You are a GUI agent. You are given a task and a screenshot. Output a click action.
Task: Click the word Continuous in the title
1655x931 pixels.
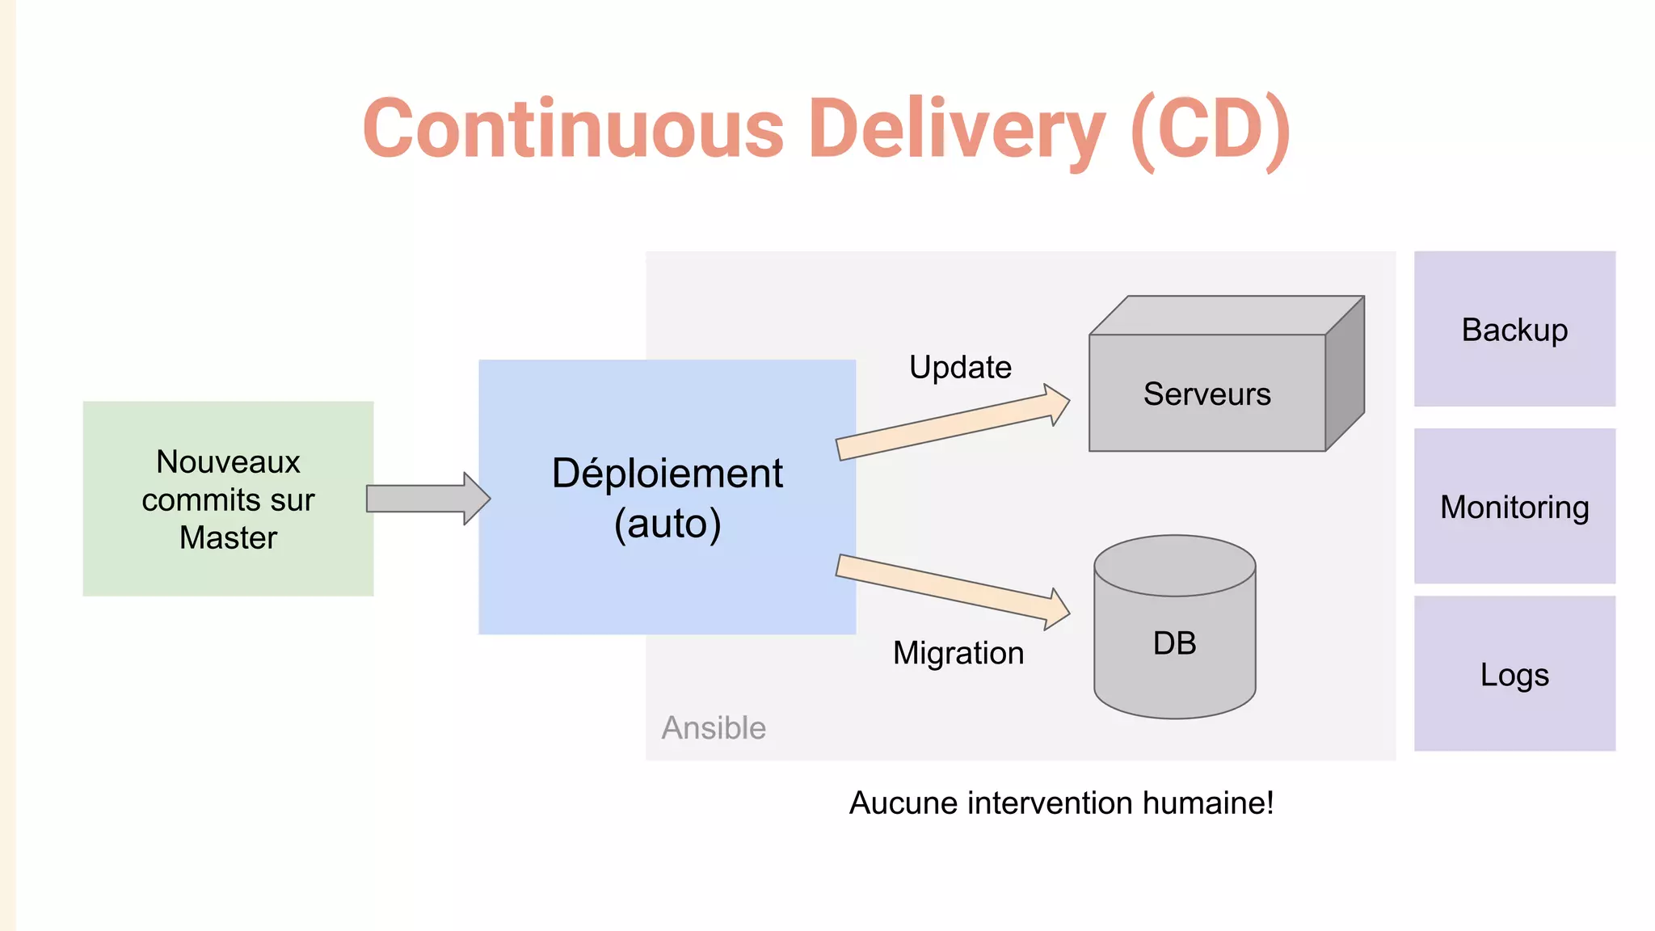574,129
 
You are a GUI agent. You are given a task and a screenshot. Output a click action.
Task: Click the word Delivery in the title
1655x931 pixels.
956,129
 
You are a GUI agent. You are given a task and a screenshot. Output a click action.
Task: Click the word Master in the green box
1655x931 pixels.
228,537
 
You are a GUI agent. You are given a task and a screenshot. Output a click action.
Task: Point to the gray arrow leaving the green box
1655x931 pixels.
427,499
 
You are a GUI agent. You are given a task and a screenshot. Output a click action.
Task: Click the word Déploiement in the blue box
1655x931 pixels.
667,474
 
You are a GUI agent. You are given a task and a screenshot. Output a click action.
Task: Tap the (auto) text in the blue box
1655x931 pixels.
667,524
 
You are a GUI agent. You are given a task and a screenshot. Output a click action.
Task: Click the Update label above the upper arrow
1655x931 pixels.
960,367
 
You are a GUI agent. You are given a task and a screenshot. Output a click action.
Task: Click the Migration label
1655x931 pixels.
958,653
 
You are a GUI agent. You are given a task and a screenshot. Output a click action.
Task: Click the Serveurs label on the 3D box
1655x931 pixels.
1207,394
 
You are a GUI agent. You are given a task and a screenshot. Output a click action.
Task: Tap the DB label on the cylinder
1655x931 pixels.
1174,643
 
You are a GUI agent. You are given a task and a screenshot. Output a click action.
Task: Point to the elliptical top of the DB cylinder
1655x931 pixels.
1174,565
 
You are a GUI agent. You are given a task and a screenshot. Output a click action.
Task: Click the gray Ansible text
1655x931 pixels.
714,728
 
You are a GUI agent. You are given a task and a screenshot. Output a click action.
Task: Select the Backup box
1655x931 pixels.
1514,329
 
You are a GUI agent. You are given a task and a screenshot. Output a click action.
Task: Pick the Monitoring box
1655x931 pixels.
1514,507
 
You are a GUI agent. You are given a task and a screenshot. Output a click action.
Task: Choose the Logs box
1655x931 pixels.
1514,674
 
